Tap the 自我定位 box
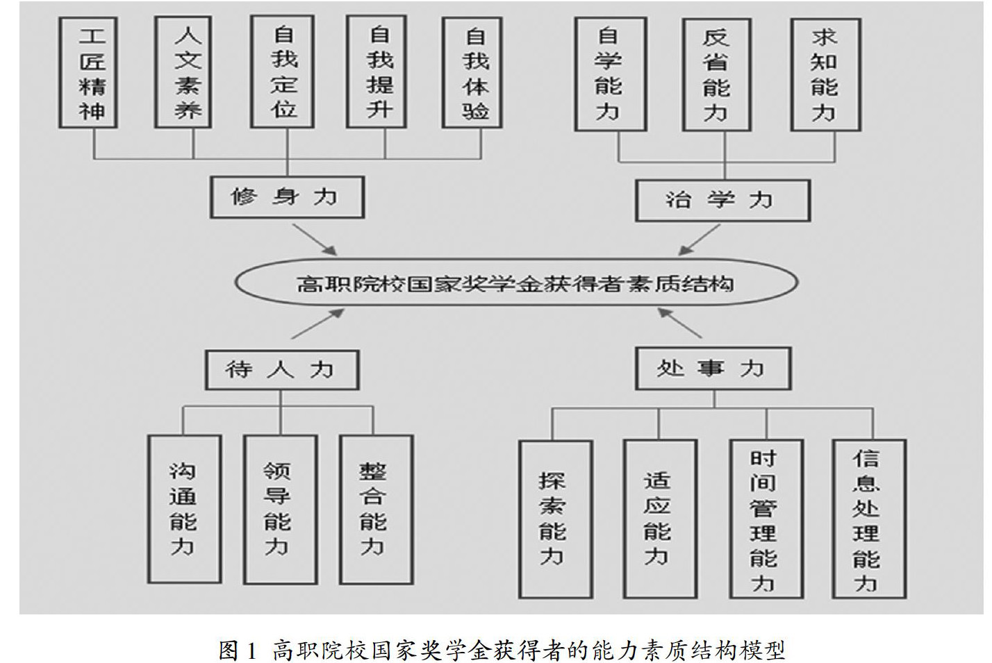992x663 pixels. (x=283, y=73)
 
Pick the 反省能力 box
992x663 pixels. (x=716, y=74)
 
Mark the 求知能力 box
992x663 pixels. (x=825, y=74)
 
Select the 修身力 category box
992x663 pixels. (x=286, y=198)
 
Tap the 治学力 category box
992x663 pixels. (x=722, y=201)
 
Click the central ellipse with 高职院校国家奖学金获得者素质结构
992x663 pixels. (x=516, y=283)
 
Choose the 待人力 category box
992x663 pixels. (x=281, y=369)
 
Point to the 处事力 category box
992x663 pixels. (x=713, y=369)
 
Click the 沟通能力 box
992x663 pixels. (x=184, y=509)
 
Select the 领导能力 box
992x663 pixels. (x=279, y=509)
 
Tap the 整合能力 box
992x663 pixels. (x=375, y=509)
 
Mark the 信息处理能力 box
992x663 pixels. (x=868, y=519)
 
